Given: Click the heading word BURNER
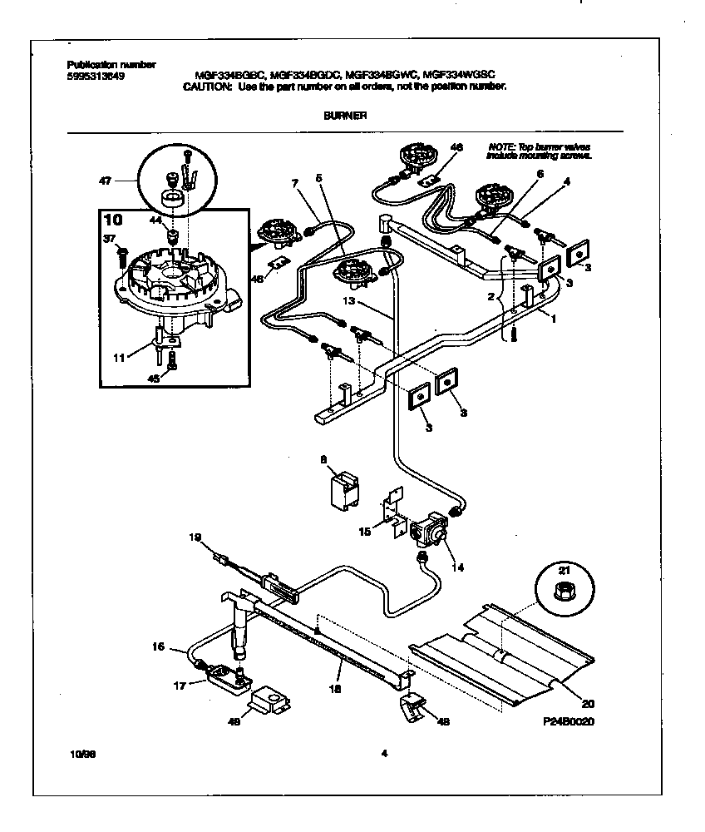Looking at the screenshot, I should (344, 117).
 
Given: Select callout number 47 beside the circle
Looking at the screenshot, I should (106, 179).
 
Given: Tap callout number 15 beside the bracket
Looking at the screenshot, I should (366, 529).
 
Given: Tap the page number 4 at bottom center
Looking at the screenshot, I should (384, 755).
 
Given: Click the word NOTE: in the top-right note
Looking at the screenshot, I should (501, 146).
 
